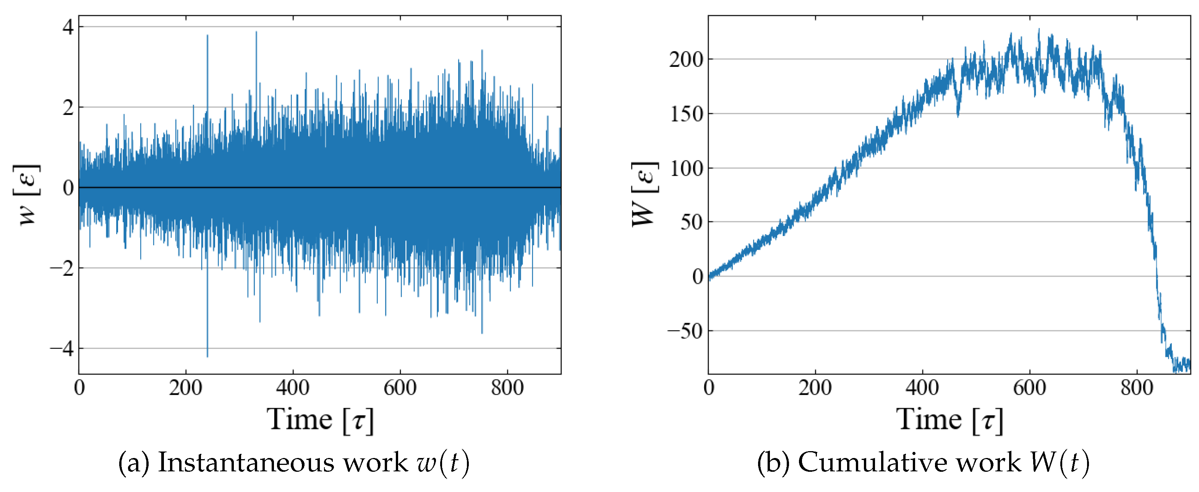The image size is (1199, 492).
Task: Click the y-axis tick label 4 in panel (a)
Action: click(x=68, y=28)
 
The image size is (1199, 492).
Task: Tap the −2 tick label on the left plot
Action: click(x=62, y=269)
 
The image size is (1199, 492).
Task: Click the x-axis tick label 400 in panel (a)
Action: click(x=293, y=387)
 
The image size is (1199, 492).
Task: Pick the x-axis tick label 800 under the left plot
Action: click(x=507, y=387)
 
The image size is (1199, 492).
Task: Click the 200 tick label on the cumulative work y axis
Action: click(x=686, y=60)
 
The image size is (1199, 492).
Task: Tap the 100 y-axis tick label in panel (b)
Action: click(x=686, y=168)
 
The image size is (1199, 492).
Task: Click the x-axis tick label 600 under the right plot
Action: click(x=1030, y=387)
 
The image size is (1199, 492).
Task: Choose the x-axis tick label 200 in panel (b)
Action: click(x=815, y=387)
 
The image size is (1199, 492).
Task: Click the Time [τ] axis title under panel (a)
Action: click(x=320, y=420)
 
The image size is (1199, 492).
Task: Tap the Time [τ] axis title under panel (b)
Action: click(x=949, y=420)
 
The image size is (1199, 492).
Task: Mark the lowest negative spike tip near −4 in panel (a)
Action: click(x=207, y=356)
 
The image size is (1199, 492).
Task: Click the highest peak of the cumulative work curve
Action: click(x=1039, y=29)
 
